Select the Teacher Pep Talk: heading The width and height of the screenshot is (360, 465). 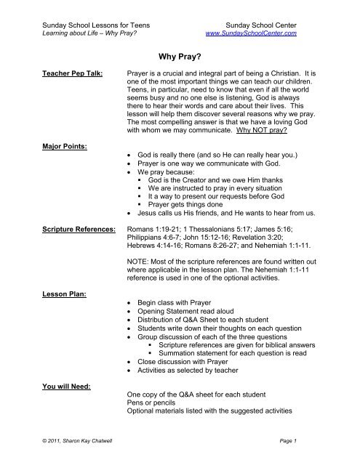[66, 74]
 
